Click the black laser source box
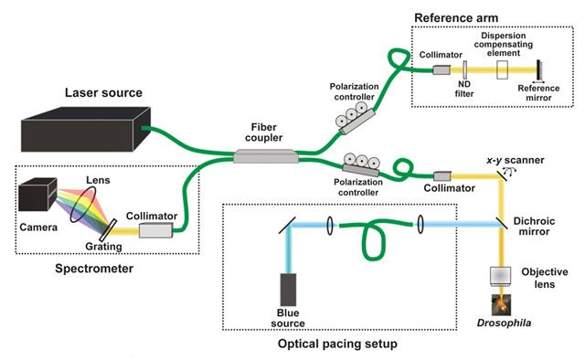(86, 130)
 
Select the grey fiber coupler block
(266, 156)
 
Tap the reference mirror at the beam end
(538, 69)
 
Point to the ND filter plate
(465, 70)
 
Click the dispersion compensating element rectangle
(502, 69)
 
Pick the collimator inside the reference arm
(441, 69)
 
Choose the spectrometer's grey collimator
(156, 230)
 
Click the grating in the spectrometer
(108, 230)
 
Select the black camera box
(37, 194)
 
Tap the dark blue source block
(289, 290)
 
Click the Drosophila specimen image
(501, 305)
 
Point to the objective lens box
(501, 277)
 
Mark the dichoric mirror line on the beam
(502, 224)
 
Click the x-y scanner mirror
(502, 175)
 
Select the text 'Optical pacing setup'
(337, 344)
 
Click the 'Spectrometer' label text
(94, 269)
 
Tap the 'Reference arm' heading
(456, 18)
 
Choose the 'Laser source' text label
(103, 92)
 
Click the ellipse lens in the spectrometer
(83, 205)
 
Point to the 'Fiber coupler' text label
(264, 132)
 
